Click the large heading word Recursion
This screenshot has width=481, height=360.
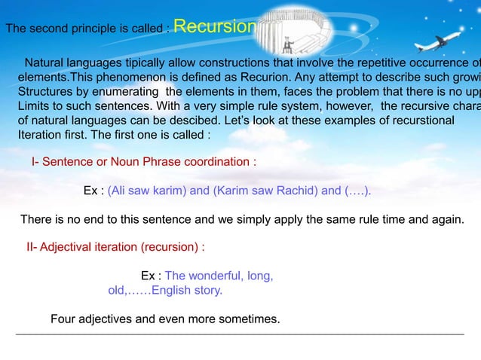point(216,26)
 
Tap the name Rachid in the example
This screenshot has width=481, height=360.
point(296,191)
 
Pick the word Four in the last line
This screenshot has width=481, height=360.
point(63,319)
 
